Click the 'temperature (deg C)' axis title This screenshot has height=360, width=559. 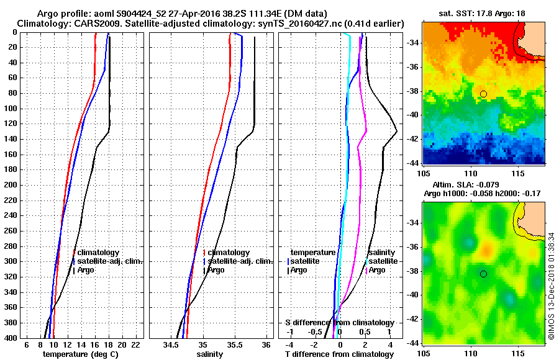pyautogui.click(x=80, y=354)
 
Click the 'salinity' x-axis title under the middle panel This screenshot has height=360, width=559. pyautogui.click(x=209, y=354)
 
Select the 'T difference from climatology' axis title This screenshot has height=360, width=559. pyautogui.click(x=339, y=354)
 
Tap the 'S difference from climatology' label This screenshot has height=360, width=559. pyautogui.click(x=339, y=323)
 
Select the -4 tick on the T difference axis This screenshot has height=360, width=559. pyautogui.click(x=289, y=344)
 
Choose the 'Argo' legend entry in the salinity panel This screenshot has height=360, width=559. pyautogui.click(x=216, y=270)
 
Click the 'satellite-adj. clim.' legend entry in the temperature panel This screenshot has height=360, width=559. pyautogui.click(x=109, y=261)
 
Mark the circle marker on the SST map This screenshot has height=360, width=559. pyautogui.click(x=483, y=94)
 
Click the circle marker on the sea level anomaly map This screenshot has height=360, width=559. pyautogui.click(x=483, y=274)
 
